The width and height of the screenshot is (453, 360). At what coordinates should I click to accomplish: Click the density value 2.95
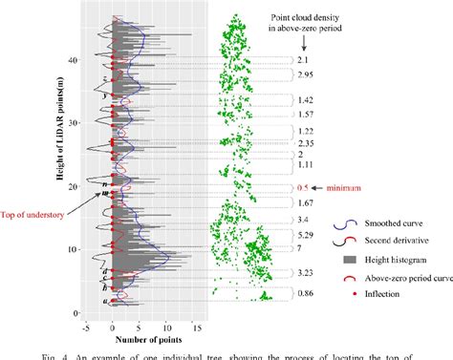click(306, 74)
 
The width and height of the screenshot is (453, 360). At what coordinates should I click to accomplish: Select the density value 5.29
click(306, 235)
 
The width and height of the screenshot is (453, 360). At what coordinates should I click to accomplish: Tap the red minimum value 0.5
click(305, 188)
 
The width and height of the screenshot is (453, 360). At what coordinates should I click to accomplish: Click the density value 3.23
click(306, 273)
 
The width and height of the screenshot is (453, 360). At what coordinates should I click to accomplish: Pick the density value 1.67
click(306, 203)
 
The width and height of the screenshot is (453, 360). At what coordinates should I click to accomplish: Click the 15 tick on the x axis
click(197, 328)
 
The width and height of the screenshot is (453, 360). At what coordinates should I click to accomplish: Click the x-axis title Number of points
click(148, 339)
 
